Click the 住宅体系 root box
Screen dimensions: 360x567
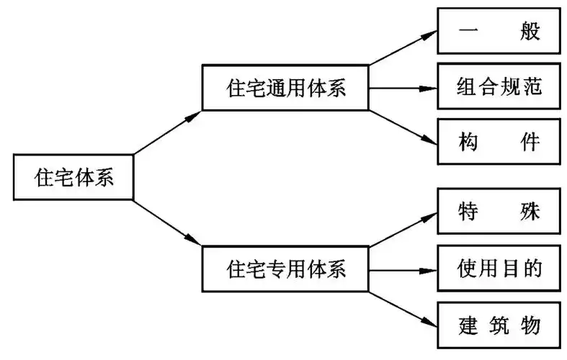coord(73,177)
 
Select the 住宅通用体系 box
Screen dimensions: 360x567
coord(285,89)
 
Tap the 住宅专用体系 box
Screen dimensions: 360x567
coord(285,269)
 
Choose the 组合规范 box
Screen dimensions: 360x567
coord(499,88)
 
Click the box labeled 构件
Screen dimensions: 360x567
coord(499,142)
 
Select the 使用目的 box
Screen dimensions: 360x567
coord(499,268)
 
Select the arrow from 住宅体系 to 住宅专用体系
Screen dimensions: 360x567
coord(169,222)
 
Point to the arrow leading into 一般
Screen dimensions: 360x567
coord(403,55)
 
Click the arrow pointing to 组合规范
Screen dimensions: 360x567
coord(403,89)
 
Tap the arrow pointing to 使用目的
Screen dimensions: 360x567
coord(403,269)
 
